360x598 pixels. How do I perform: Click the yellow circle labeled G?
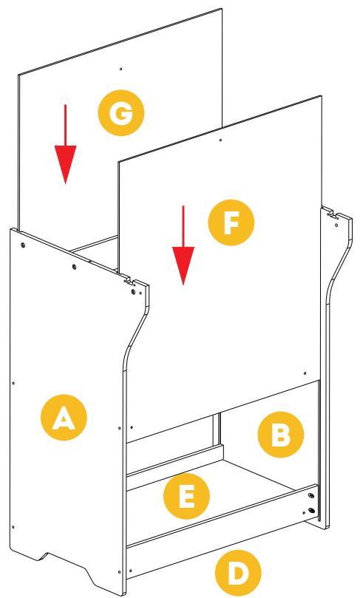[x=121, y=113]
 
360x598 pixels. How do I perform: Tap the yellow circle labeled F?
[x=231, y=222]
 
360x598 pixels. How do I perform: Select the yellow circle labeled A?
[x=64, y=418]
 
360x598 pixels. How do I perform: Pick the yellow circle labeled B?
[x=281, y=435]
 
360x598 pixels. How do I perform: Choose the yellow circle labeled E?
[x=186, y=496]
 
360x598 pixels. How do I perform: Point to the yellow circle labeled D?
[x=238, y=573]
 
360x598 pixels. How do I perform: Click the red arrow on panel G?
[x=65, y=145]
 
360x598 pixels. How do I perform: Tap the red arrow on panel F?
[x=183, y=245]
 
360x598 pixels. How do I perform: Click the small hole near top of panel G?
[x=121, y=69]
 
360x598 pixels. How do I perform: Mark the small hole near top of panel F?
[x=220, y=140]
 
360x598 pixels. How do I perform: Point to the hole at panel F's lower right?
[x=305, y=373]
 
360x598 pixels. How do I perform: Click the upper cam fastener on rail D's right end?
[x=310, y=496]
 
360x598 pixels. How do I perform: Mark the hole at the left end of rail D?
[x=131, y=571]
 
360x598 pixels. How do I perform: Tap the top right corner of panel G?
[x=222, y=9]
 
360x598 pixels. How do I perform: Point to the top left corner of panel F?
[x=118, y=162]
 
